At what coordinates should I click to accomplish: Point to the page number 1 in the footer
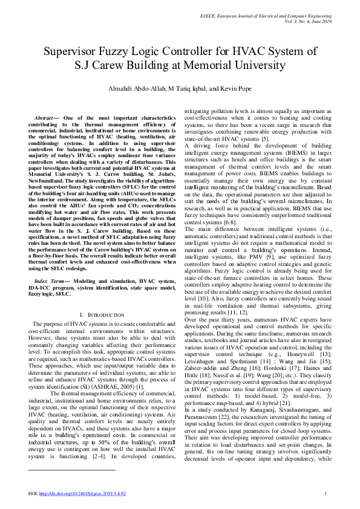coord(326,494)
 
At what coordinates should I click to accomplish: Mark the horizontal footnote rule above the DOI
coord(72,469)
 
